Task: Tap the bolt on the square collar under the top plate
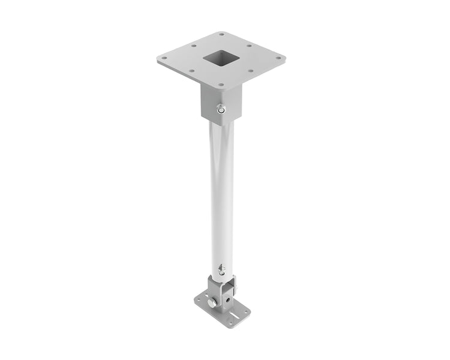221,109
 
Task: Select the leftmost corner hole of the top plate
164,58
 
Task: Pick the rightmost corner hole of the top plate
278,58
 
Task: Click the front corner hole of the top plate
221,85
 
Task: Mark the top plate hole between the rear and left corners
193,46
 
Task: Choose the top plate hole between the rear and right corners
249,46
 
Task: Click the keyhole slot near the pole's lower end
221,268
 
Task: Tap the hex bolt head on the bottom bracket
211,302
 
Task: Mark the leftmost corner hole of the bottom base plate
198,299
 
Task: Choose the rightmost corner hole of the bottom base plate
246,311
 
